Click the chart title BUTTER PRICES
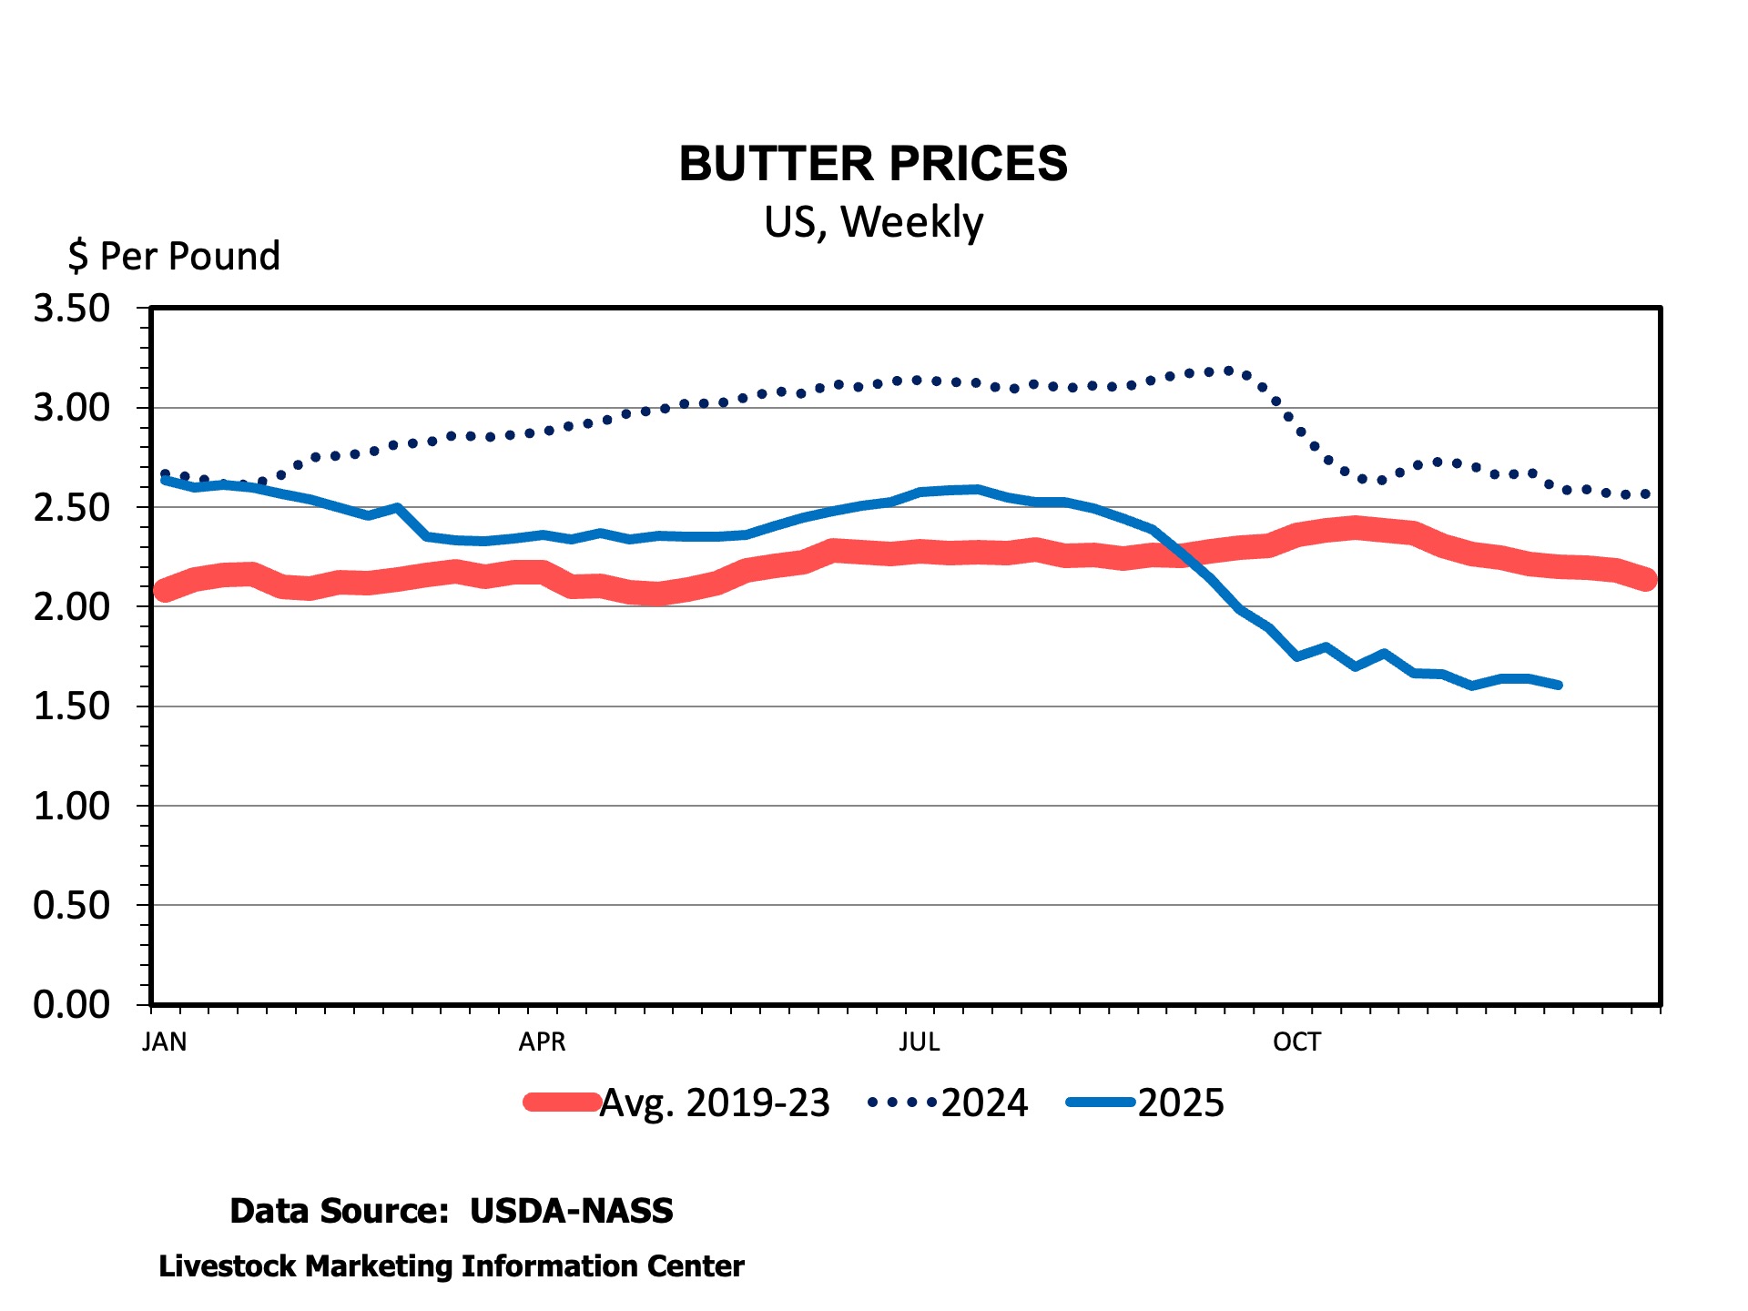pos(873,164)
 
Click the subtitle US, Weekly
pos(873,222)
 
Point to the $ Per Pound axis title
pos(174,257)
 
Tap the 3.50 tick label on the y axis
pos(72,309)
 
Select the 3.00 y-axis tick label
pos(72,408)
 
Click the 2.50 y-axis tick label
pos(72,507)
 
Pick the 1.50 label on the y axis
pos(72,706)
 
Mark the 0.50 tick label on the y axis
pos(72,905)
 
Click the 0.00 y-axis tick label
pos(72,1004)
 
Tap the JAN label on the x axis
pos(165,1042)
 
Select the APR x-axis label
pos(542,1042)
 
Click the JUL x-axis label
pos(920,1042)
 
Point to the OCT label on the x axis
pos(1296,1042)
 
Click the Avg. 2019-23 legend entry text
pos(715,1103)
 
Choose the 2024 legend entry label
pos(984,1103)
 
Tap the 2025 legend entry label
pos(1181,1103)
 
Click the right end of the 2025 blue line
pos(1559,685)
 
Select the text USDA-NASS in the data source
pos(572,1211)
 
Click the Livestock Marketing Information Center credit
pos(452,1266)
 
